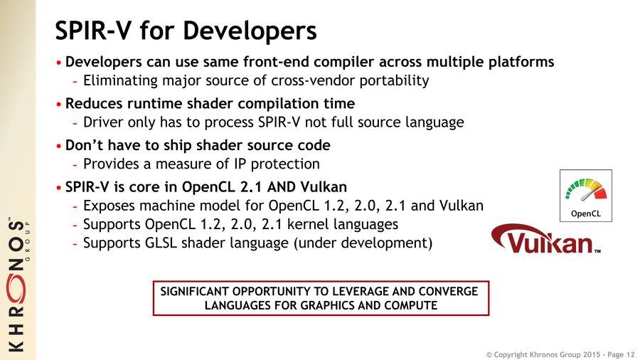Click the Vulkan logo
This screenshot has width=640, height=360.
click(545, 240)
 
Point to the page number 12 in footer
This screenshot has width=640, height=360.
click(630, 355)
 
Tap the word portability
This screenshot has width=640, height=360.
click(394, 81)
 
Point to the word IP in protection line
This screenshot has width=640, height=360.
click(240, 164)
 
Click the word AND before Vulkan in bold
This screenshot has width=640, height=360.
click(281, 187)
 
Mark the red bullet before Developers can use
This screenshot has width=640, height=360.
click(59, 63)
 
